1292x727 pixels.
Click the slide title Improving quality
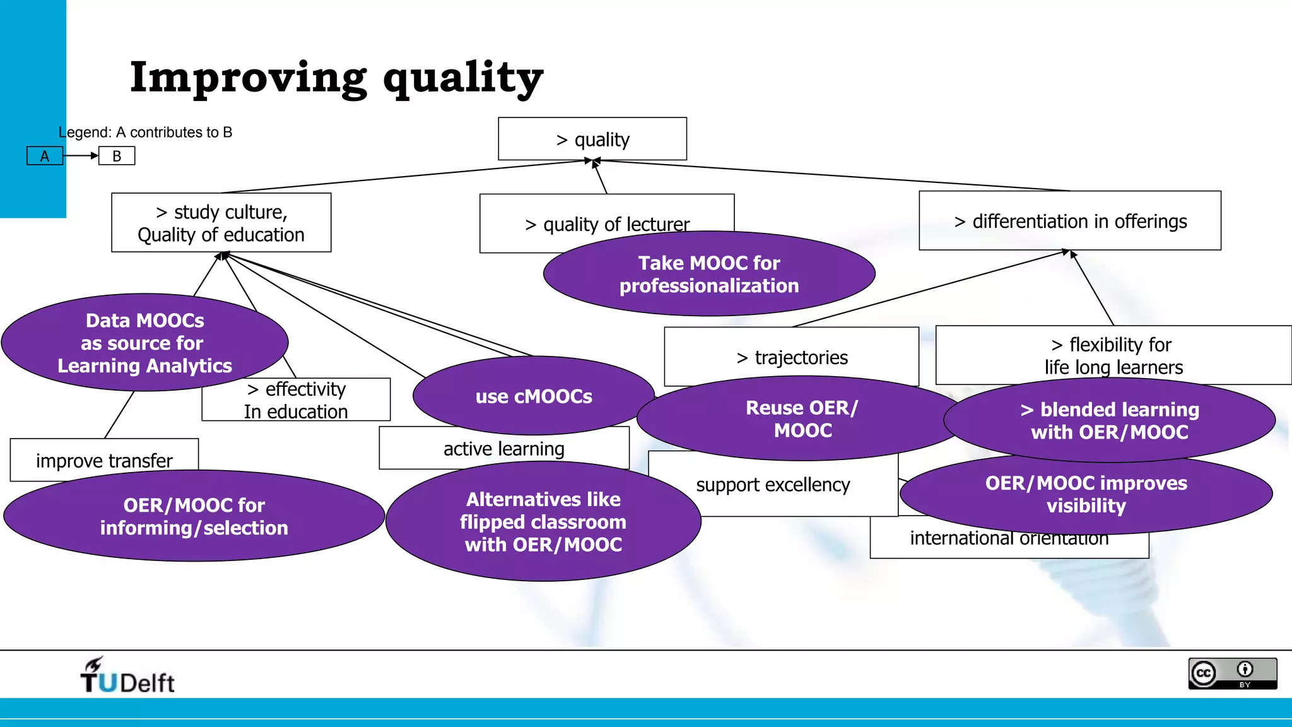(x=336, y=78)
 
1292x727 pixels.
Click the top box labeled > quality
(x=592, y=139)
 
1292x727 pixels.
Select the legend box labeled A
(x=45, y=156)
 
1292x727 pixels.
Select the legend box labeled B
(x=117, y=156)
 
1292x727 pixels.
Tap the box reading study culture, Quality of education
(x=221, y=223)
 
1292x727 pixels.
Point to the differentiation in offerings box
(x=1070, y=221)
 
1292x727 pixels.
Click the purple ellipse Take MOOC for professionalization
(x=709, y=274)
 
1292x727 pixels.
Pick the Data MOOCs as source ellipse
(x=144, y=343)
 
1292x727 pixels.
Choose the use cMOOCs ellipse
(x=534, y=396)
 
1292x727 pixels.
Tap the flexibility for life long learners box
(x=1113, y=355)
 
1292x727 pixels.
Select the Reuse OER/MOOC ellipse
(x=802, y=419)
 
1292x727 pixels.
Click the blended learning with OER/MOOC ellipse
(x=1109, y=420)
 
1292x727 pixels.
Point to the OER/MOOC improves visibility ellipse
(x=1086, y=494)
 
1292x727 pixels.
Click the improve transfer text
(x=104, y=460)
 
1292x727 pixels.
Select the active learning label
(x=503, y=448)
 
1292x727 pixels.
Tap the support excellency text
(x=773, y=484)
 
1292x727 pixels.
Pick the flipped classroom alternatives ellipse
(x=543, y=522)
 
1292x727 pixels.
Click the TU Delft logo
(x=127, y=675)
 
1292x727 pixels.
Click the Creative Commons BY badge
(x=1232, y=673)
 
